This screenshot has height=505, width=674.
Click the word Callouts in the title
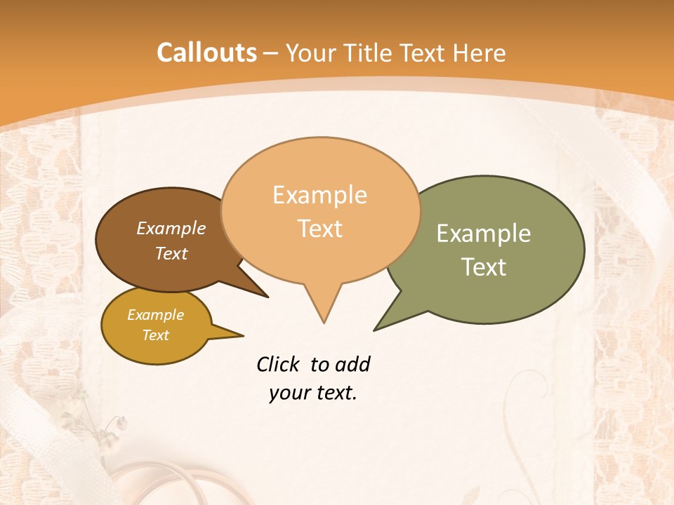pyautogui.click(x=206, y=53)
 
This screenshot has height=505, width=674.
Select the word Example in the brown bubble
pyautogui.click(x=171, y=228)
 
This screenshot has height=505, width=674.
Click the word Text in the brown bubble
pyautogui.click(x=171, y=253)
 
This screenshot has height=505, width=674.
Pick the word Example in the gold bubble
pyautogui.click(x=155, y=315)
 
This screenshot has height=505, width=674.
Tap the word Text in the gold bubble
pyautogui.click(x=155, y=335)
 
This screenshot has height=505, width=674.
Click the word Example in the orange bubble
pyautogui.click(x=319, y=195)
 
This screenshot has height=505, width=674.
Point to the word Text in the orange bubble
pyautogui.click(x=319, y=229)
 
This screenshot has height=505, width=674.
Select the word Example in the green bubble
pyautogui.click(x=484, y=234)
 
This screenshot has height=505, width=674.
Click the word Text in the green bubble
pyautogui.click(x=484, y=267)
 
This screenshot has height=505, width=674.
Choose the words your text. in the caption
pyautogui.click(x=312, y=393)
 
